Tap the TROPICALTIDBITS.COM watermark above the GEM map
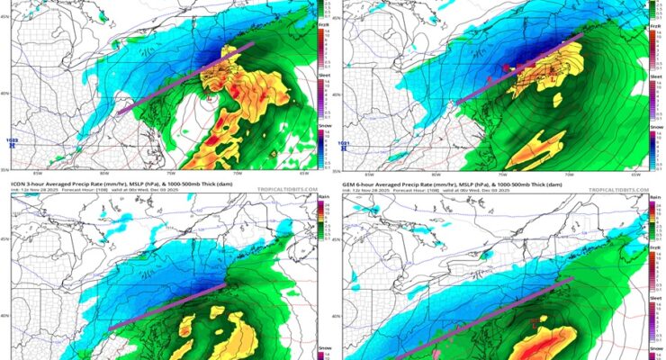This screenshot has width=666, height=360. point(619,191)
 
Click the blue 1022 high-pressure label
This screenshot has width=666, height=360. point(12,141)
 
